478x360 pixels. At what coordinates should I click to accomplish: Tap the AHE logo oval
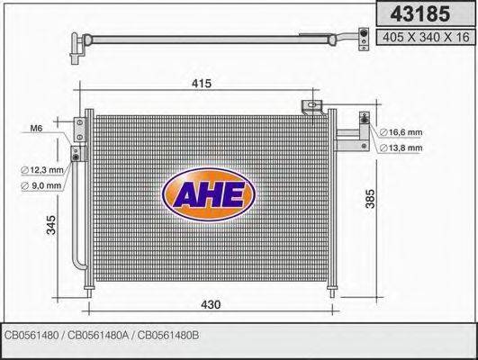[208, 193]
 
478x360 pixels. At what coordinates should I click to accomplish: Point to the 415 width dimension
[201, 84]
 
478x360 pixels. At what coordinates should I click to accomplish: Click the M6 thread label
[37, 129]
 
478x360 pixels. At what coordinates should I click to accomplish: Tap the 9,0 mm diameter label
[42, 186]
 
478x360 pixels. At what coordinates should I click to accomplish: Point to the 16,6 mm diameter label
[401, 133]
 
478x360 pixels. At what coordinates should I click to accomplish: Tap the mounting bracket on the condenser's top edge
[313, 107]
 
